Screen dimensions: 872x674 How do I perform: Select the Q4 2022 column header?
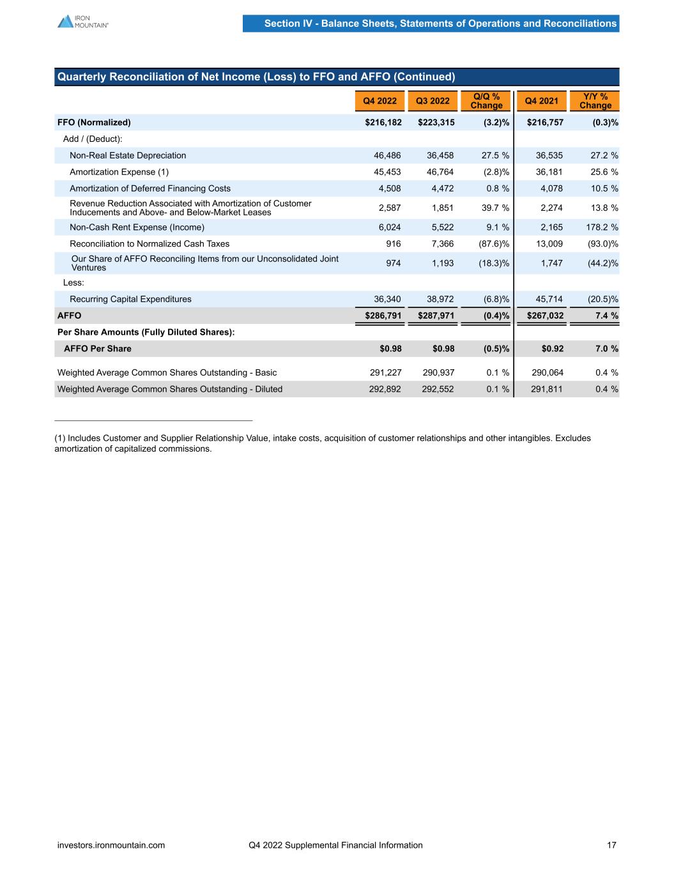tap(379, 101)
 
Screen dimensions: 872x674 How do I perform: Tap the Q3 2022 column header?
tap(433, 101)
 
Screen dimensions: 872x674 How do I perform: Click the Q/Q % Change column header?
tap(486, 101)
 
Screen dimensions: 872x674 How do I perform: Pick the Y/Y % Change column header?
tap(595, 101)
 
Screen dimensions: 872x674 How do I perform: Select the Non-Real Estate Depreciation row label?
tap(128, 155)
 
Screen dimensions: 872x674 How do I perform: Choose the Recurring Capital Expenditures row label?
tap(130, 299)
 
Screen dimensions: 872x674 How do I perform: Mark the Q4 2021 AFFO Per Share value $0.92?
tap(553, 349)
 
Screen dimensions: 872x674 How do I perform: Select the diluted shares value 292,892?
tap(385, 389)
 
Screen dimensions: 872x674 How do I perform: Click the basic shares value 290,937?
tap(438, 372)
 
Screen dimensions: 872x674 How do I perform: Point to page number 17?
tap(611, 845)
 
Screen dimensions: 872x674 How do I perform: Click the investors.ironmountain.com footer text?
tap(111, 845)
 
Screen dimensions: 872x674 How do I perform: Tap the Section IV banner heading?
tap(440, 24)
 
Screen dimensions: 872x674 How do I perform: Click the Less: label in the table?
tap(73, 282)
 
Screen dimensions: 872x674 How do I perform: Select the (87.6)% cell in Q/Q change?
tap(494, 244)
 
